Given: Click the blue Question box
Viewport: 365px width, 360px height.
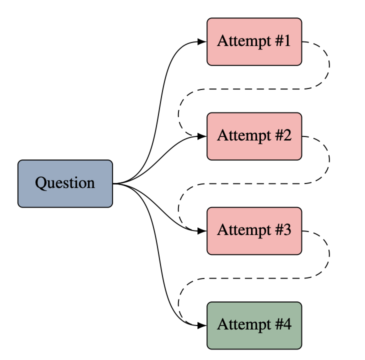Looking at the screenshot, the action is (x=65, y=183).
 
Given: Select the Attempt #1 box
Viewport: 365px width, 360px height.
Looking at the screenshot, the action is (x=254, y=41).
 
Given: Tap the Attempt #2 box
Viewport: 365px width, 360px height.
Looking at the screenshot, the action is (x=254, y=136).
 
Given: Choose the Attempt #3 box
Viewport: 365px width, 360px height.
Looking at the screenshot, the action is (x=254, y=231).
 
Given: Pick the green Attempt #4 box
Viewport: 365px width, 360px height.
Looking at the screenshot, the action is (x=254, y=325).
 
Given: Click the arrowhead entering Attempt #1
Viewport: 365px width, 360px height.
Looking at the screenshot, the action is (x=202, y=41).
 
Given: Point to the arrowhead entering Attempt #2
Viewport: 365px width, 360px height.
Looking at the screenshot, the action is (x=202, y=136).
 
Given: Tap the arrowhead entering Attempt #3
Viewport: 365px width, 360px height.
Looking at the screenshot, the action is (x=202, y=231).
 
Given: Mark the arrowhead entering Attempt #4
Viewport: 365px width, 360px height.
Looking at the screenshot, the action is (x=202, y=325).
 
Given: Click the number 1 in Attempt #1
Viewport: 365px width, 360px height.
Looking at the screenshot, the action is (x=287, y=40).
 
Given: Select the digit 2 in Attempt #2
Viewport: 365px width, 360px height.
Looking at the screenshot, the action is (x=287, y=135).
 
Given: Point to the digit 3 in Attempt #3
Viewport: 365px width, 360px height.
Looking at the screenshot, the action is (x=287, y=230).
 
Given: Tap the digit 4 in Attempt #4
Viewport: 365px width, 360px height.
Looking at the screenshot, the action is (x=287, y=324).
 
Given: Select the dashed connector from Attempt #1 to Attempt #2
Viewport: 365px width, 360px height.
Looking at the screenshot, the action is (x=253, y=89).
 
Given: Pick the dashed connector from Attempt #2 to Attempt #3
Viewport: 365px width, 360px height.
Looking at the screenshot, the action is (x=253, y=183).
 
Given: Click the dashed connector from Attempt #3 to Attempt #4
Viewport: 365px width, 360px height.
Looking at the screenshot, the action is (x=253, y=278).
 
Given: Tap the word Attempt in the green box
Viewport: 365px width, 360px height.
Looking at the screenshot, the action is (x=244, y=325).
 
